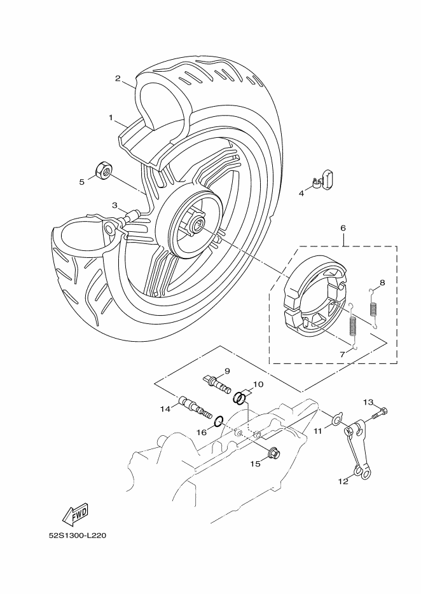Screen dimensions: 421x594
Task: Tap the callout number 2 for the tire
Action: coord(118,78)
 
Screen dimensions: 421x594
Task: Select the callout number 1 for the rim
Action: coord(111,118)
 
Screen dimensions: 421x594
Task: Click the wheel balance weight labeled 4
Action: coord(322,179)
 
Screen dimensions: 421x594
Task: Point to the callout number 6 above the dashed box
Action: coord(343,228)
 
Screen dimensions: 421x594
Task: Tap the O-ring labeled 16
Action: coord(219,421)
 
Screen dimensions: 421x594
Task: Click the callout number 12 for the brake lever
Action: coord(343,482)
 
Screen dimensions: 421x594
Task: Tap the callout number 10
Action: coord(258,384)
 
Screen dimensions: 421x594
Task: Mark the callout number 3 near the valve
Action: coord(114,205)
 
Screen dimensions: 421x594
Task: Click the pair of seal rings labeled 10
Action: coord(239,398)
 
